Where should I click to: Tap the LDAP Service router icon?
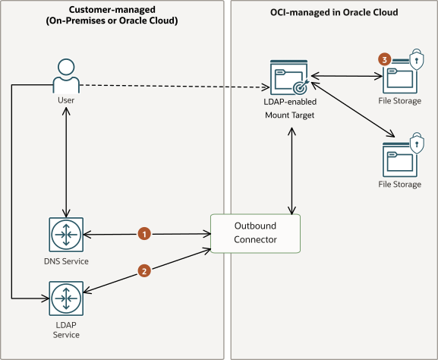click(67, 298)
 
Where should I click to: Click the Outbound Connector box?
click(255, 233)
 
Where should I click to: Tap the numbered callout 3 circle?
click(386, 58)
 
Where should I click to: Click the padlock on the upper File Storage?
click(416, 59)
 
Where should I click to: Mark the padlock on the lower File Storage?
click(416, 142)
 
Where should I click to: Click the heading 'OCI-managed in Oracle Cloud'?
click(333, 13)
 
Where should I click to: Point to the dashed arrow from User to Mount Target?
click(175, 85)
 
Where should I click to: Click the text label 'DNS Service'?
click(67, 261)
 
